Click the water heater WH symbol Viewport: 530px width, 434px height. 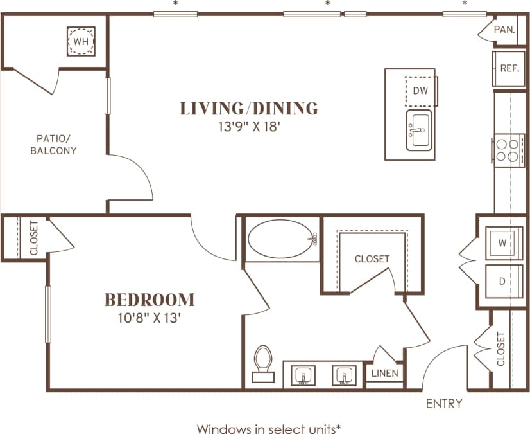[81, 42]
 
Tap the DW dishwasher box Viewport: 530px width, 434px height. [420, 91]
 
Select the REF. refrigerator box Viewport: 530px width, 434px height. [509, 68]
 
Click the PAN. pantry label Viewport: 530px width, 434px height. [504, 30]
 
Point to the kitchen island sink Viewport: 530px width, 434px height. [419, 131]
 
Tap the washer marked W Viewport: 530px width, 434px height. [502, 244]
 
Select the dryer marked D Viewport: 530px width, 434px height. [502, 282]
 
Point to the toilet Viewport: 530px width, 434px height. [263, 364]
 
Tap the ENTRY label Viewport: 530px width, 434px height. [444, 404]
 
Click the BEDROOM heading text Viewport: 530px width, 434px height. [150, 300]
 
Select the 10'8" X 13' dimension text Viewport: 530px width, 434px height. [150, 318]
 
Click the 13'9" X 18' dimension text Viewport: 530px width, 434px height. [249, 127]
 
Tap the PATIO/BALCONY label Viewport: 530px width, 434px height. [56, 144]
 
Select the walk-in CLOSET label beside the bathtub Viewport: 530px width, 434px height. [372, 258]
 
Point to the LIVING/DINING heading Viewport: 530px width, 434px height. [249, 108]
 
